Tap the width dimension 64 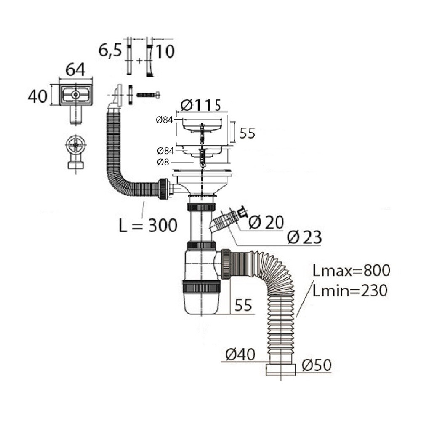75,69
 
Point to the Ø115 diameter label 201,105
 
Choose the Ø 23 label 304,237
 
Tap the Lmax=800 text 352,271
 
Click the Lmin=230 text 350,290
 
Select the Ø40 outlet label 240,354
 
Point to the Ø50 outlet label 317,365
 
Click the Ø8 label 163,162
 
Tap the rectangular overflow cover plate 76,94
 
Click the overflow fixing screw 148,95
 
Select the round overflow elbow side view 76,152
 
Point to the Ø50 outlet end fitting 280,370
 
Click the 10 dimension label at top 165,51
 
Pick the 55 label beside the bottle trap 243,305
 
